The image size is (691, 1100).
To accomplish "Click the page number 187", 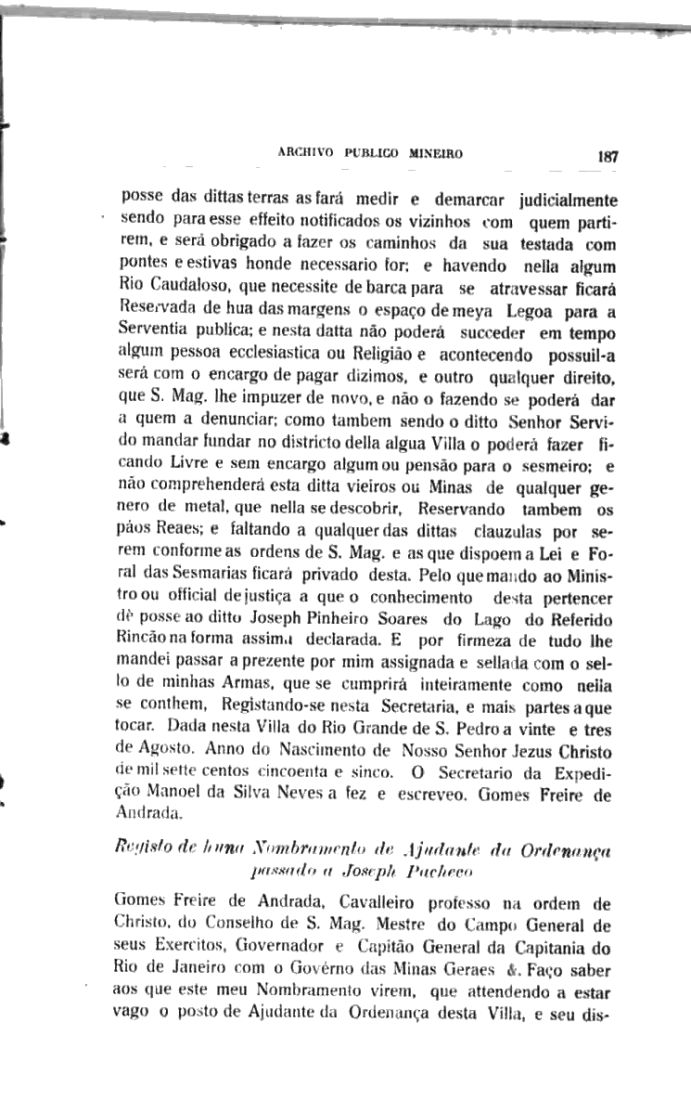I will (608, 157).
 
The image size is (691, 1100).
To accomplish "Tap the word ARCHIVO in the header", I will (308, 154).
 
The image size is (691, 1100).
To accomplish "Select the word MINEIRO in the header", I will (435, 154).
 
